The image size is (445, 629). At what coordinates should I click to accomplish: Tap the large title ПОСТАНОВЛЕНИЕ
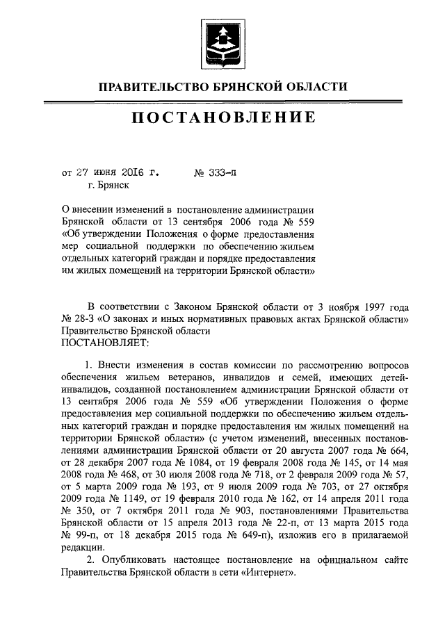coord(222,118)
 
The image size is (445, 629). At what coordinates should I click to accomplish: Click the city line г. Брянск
coord(108,185)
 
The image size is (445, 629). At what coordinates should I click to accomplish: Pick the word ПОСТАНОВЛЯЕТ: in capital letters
coord(104,343)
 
